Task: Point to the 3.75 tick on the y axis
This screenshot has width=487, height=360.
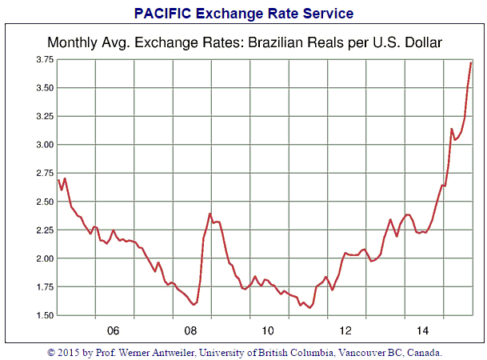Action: click(x=43, y=60)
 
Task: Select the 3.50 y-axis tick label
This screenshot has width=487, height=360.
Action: click(x=43, y=88)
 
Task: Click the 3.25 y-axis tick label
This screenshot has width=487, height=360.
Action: click(x=43, y=117)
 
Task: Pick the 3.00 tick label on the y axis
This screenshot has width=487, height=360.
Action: click(x=43, y=145)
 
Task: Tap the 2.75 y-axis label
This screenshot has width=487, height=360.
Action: click(x=43, y=174)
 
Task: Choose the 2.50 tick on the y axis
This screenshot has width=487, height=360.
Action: click(x=43, y=202)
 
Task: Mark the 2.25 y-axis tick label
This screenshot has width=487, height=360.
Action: click(x=43, y=230)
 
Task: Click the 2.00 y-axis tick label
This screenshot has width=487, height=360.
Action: click(x=43, y=258)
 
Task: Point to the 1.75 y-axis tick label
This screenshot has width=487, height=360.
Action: click(x=43, y=287)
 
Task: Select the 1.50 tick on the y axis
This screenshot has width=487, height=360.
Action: click(x=43, y=315)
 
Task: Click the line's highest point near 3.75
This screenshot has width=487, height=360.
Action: click(x=471, y=62)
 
